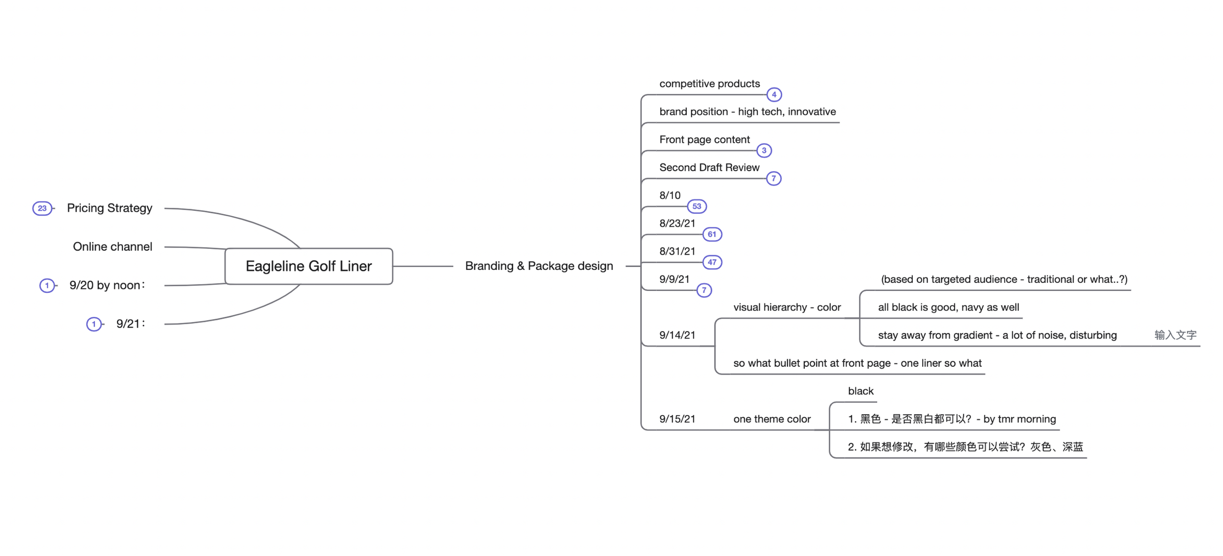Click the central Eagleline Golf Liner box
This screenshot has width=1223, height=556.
[x=309, y=266]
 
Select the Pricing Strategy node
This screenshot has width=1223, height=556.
[x=110, y=208]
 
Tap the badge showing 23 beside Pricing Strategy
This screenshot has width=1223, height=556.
[x=42, y=208]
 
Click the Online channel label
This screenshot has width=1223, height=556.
[x=113, y=246]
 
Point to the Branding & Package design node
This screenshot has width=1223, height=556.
[x=539, y=266]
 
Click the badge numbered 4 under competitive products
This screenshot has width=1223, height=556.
[x=773, y=94]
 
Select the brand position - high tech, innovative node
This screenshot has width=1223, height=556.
[x=747, y=111]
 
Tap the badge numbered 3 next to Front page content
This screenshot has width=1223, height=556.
[x=764, y=151]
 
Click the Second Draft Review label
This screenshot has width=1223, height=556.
[x=709, y=167]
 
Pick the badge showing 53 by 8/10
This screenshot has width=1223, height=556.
[x=697, y=206]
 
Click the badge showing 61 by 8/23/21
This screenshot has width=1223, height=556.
[x=712, y=234]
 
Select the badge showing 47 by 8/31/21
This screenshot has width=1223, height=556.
[x=712, y=262]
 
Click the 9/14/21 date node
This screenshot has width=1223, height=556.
[x=677, y=335]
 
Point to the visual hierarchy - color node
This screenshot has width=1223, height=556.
[x=787, y=307]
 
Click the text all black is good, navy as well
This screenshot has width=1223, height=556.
[x=948, y=307]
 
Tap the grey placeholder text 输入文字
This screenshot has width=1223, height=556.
[x=1175, y=335]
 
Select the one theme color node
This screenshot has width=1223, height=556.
[x=771, y=419]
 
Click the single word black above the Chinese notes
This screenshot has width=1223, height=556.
[x=861, y=391]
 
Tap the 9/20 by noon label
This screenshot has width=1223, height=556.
[x=107, y=285]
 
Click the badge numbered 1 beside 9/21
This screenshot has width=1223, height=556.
[x=94, y=324]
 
